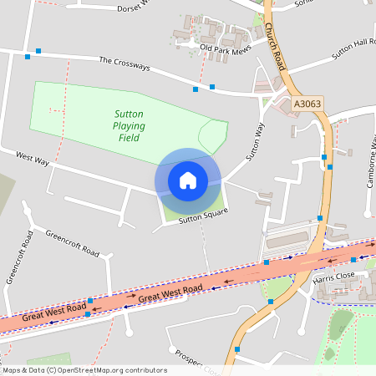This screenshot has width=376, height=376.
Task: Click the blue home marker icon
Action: [188, 180]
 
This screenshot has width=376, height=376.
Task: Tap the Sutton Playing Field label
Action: [130, 125]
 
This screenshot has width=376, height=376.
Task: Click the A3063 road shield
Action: [307, 104]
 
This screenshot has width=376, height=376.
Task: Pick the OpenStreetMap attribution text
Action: [84, 370]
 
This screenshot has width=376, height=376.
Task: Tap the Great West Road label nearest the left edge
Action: [55, 312]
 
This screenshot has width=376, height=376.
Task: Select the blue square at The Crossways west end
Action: [28, 57]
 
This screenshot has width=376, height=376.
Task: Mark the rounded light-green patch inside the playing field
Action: [213, 135]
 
